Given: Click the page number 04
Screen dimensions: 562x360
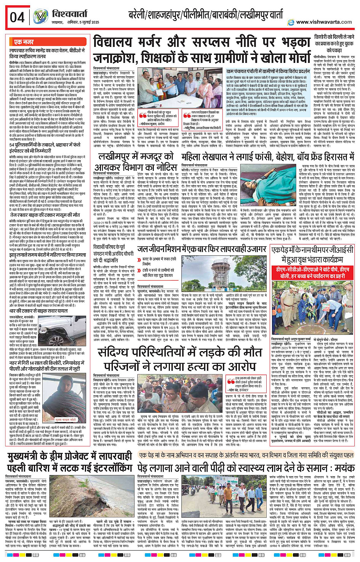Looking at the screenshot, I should tap(17, 18).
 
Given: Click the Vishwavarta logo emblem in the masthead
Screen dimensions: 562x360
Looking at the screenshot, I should tap(40, 16).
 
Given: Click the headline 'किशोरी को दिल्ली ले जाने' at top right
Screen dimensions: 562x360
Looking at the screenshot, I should tap(334, 37).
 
